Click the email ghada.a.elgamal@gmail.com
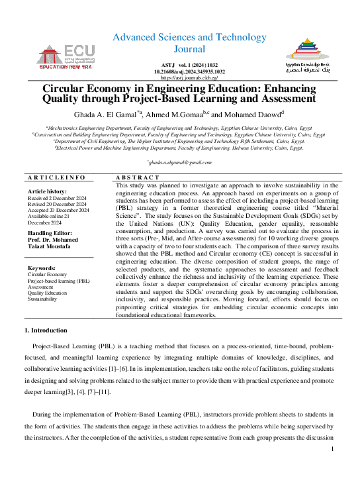(x=180, y=162)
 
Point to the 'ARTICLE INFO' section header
(x=56, y=177)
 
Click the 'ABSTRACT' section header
(x=138, y=177)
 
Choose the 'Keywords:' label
(x=42, y=268)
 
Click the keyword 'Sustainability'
(x=43, y=299)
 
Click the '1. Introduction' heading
(x=46, y=330)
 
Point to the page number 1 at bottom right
(x=332, y=449)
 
